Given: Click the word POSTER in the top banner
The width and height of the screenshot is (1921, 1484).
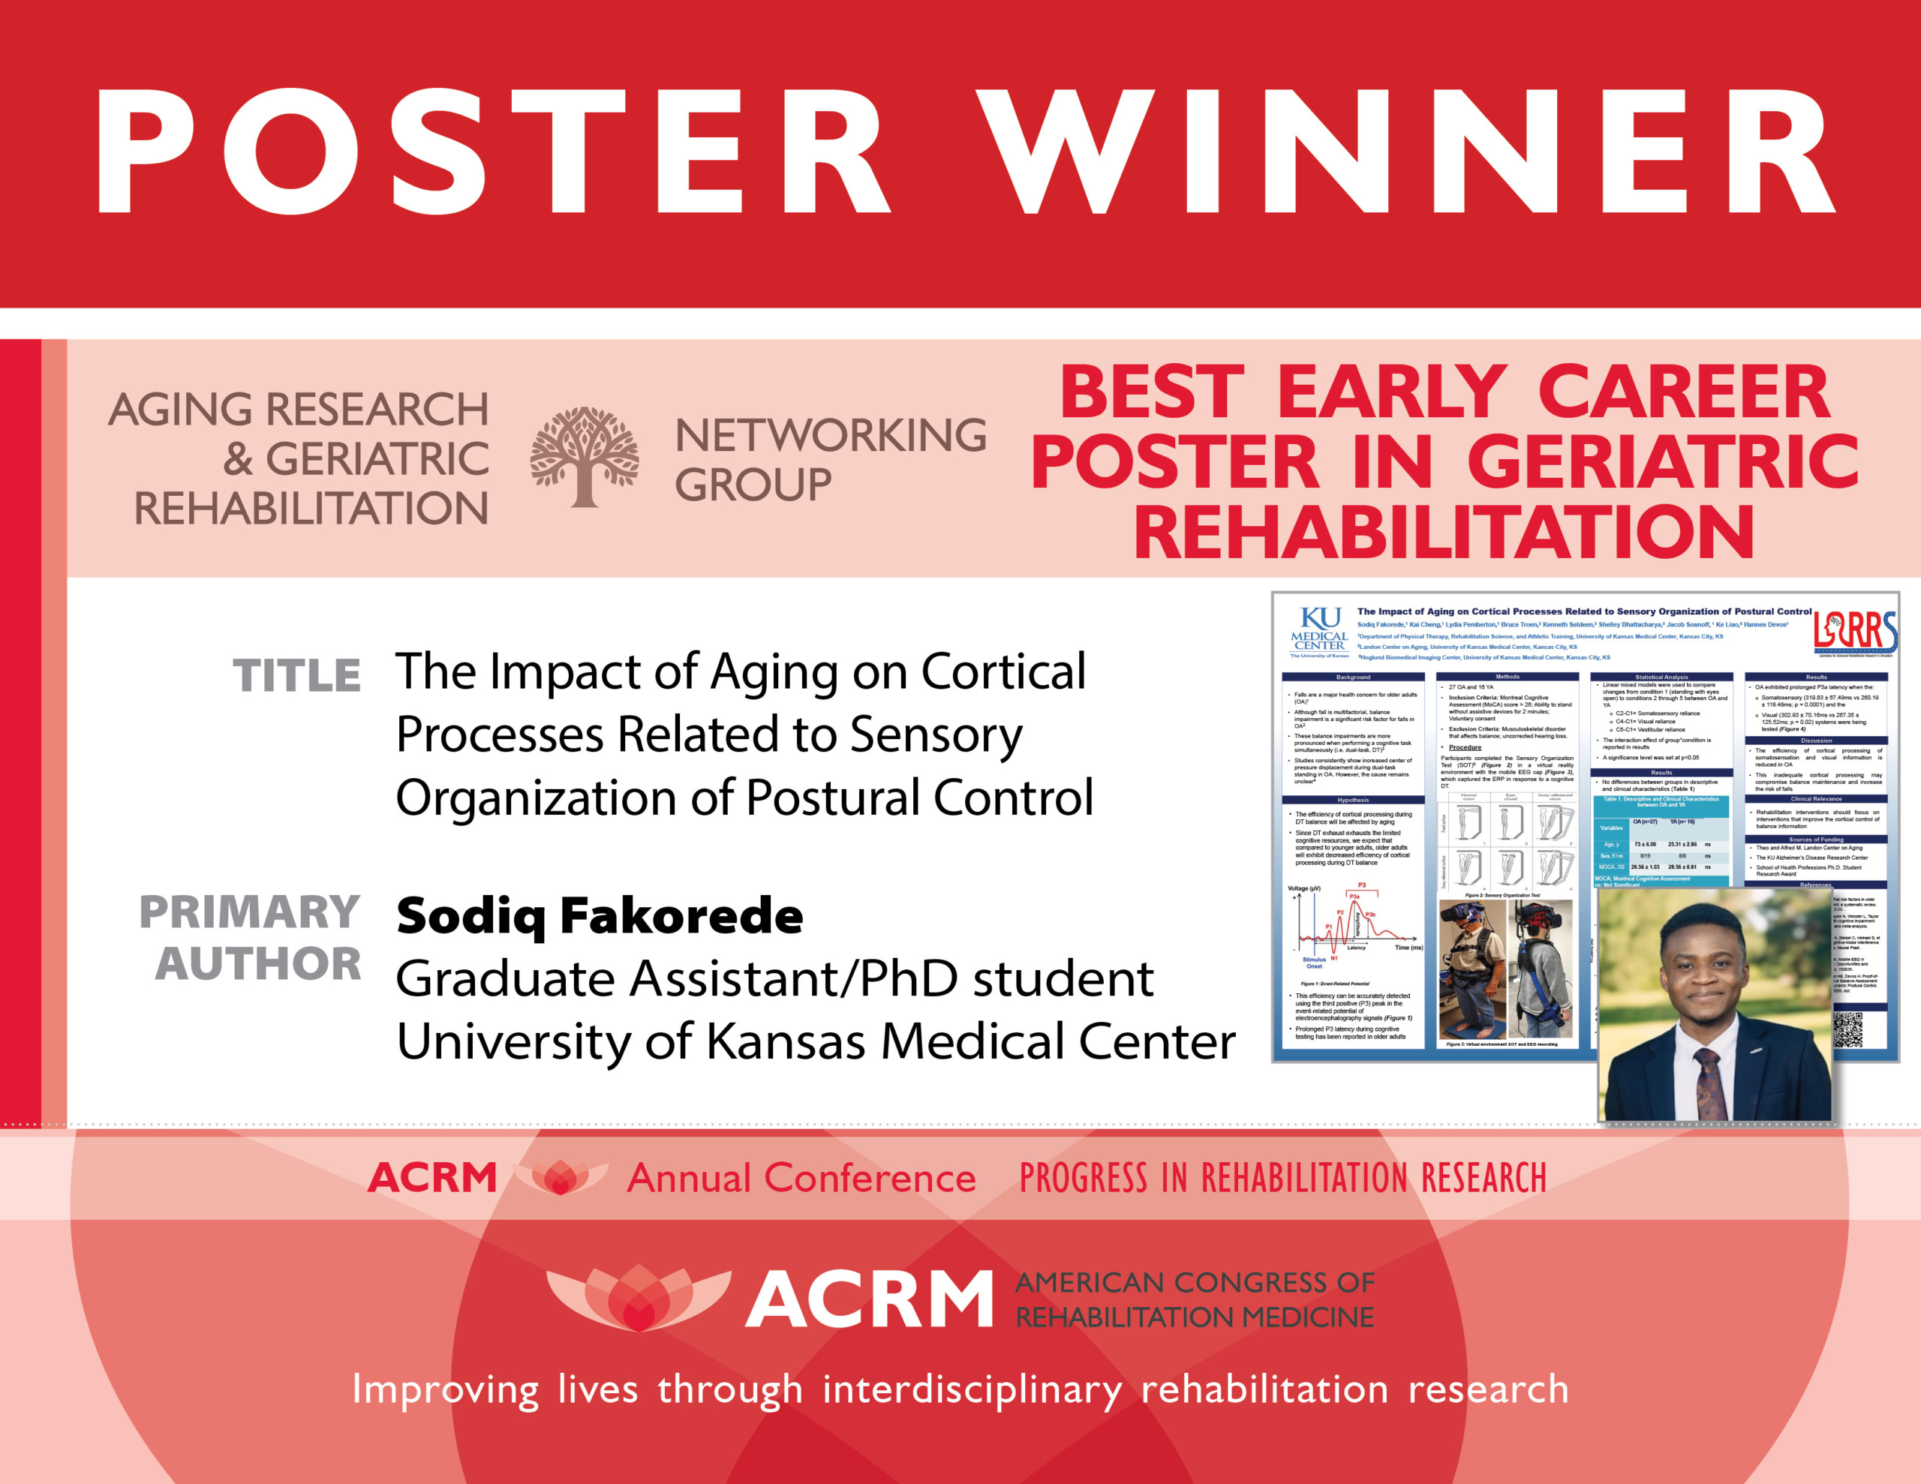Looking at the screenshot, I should coord(492,152).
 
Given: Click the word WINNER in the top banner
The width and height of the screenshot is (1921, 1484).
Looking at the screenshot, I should coord(1407,152).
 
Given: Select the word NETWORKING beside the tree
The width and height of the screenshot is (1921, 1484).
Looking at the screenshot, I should coord(831,435).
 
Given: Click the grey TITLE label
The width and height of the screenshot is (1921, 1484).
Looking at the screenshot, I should coord(296,675).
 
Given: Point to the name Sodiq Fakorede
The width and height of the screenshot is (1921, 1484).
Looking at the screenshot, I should coord(600,916).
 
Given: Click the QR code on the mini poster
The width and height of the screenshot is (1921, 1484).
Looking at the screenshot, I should coord(1847,1029).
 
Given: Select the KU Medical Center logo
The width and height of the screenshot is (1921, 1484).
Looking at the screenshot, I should coord(1319,632).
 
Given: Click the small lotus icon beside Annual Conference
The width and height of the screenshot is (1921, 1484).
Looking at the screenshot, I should coord(561,1177).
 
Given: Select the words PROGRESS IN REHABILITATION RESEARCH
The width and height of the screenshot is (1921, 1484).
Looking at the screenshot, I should coord(1282,1178).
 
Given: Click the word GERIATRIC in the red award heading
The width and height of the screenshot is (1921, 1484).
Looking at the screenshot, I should coord(1662,462).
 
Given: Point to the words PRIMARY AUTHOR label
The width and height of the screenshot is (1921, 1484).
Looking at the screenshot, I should coord(251,938).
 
